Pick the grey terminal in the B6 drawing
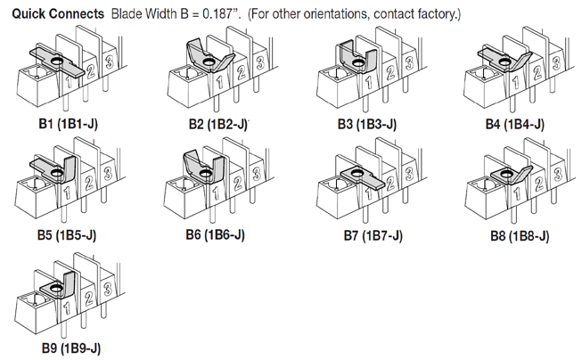click(204, 168)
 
